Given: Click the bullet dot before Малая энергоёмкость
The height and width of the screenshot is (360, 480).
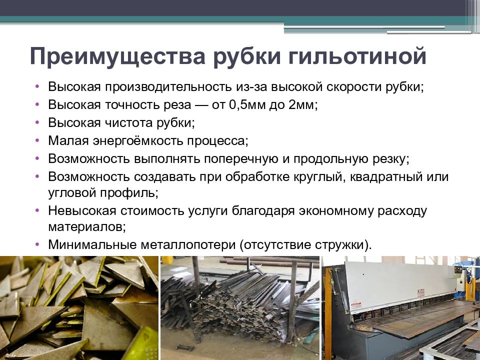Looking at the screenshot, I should (x=38, y=140).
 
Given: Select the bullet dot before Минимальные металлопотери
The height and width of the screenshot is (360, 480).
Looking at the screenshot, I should (x=38, y=244).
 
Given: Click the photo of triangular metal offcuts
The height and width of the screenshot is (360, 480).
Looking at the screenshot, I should (x=79, y=308).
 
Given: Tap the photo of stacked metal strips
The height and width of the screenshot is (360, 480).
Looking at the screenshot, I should (x=239, y=308).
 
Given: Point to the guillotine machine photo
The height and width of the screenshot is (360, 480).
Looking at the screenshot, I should (x=400, y=308).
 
